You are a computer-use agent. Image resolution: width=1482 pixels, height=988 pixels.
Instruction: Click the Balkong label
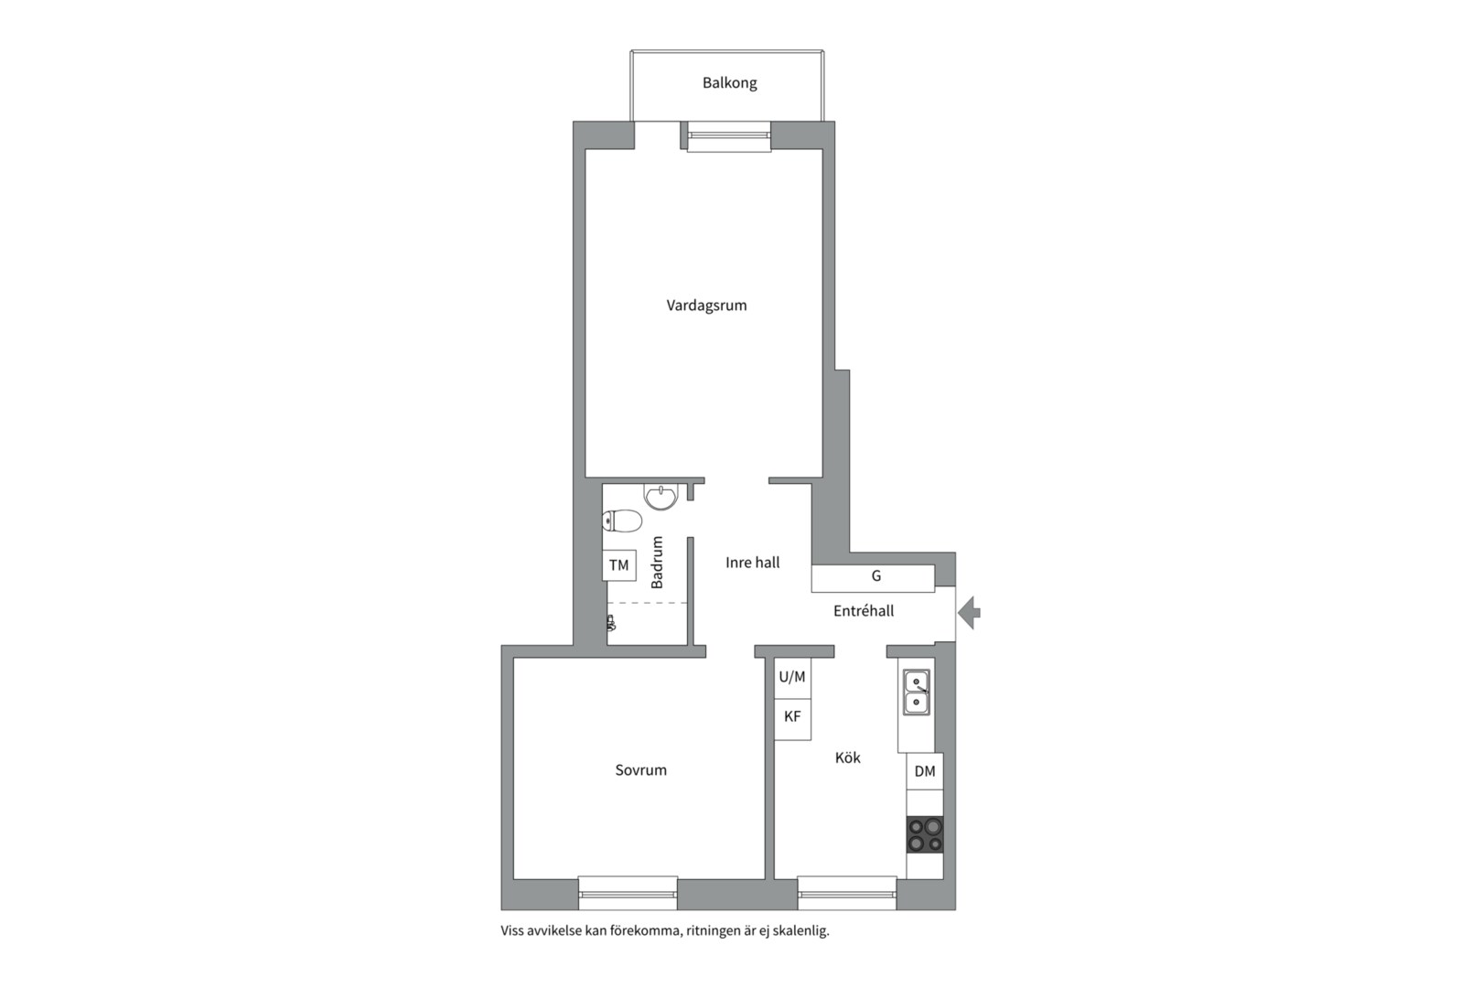click(729, 83)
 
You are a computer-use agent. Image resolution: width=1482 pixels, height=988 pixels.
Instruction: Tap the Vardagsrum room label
click(706, 306)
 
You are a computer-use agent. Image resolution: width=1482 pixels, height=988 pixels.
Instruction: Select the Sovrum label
click(640, 770)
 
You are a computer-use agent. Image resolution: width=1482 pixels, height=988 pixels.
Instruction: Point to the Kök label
click(847, 757)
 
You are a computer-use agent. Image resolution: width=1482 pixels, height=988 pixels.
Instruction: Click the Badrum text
click(657, 562)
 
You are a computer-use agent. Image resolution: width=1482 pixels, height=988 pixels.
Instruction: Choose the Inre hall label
click(752, 563)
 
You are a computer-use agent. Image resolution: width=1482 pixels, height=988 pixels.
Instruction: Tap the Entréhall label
click(864, 611)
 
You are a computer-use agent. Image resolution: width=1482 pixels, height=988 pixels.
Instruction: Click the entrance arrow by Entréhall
click(970, 612)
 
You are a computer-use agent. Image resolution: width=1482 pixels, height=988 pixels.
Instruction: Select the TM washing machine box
click(618, 565)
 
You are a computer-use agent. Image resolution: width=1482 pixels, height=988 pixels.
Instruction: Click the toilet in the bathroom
click(622, 521)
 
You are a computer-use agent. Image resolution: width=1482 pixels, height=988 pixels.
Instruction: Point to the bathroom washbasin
click(660, 497)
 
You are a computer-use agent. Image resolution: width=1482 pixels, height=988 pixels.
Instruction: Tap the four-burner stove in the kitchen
click(925, 834)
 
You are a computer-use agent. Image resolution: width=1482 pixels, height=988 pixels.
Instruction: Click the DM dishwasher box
click(925, 771)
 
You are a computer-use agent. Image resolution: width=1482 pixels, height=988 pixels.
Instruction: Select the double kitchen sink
click(917, 693)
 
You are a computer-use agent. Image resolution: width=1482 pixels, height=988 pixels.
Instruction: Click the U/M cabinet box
click(792, 678)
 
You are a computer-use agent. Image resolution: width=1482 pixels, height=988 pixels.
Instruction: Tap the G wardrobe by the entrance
click(874, 578)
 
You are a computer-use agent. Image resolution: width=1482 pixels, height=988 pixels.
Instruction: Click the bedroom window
click(628, 893)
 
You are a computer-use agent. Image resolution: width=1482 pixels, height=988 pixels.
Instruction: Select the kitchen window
click(847, 893)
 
